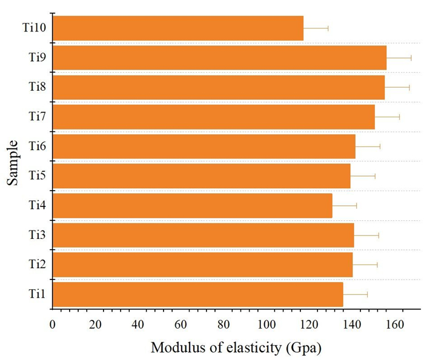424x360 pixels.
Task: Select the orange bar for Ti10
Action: (178, 28)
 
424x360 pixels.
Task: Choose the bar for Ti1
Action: (198, 295)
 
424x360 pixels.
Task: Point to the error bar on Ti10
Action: (316, 28)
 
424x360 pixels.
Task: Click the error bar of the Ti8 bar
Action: (397, 87)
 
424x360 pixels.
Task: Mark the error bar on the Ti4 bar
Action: (345, 206)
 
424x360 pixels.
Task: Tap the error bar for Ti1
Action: (355, 295)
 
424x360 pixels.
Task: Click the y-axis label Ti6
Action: (38, 146)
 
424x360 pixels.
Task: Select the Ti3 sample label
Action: (38, 235)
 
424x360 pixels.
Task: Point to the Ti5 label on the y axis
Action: (38, 175)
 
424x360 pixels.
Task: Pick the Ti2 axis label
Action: (38, 264)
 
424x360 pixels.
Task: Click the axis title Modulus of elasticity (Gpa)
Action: (236, 348)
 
